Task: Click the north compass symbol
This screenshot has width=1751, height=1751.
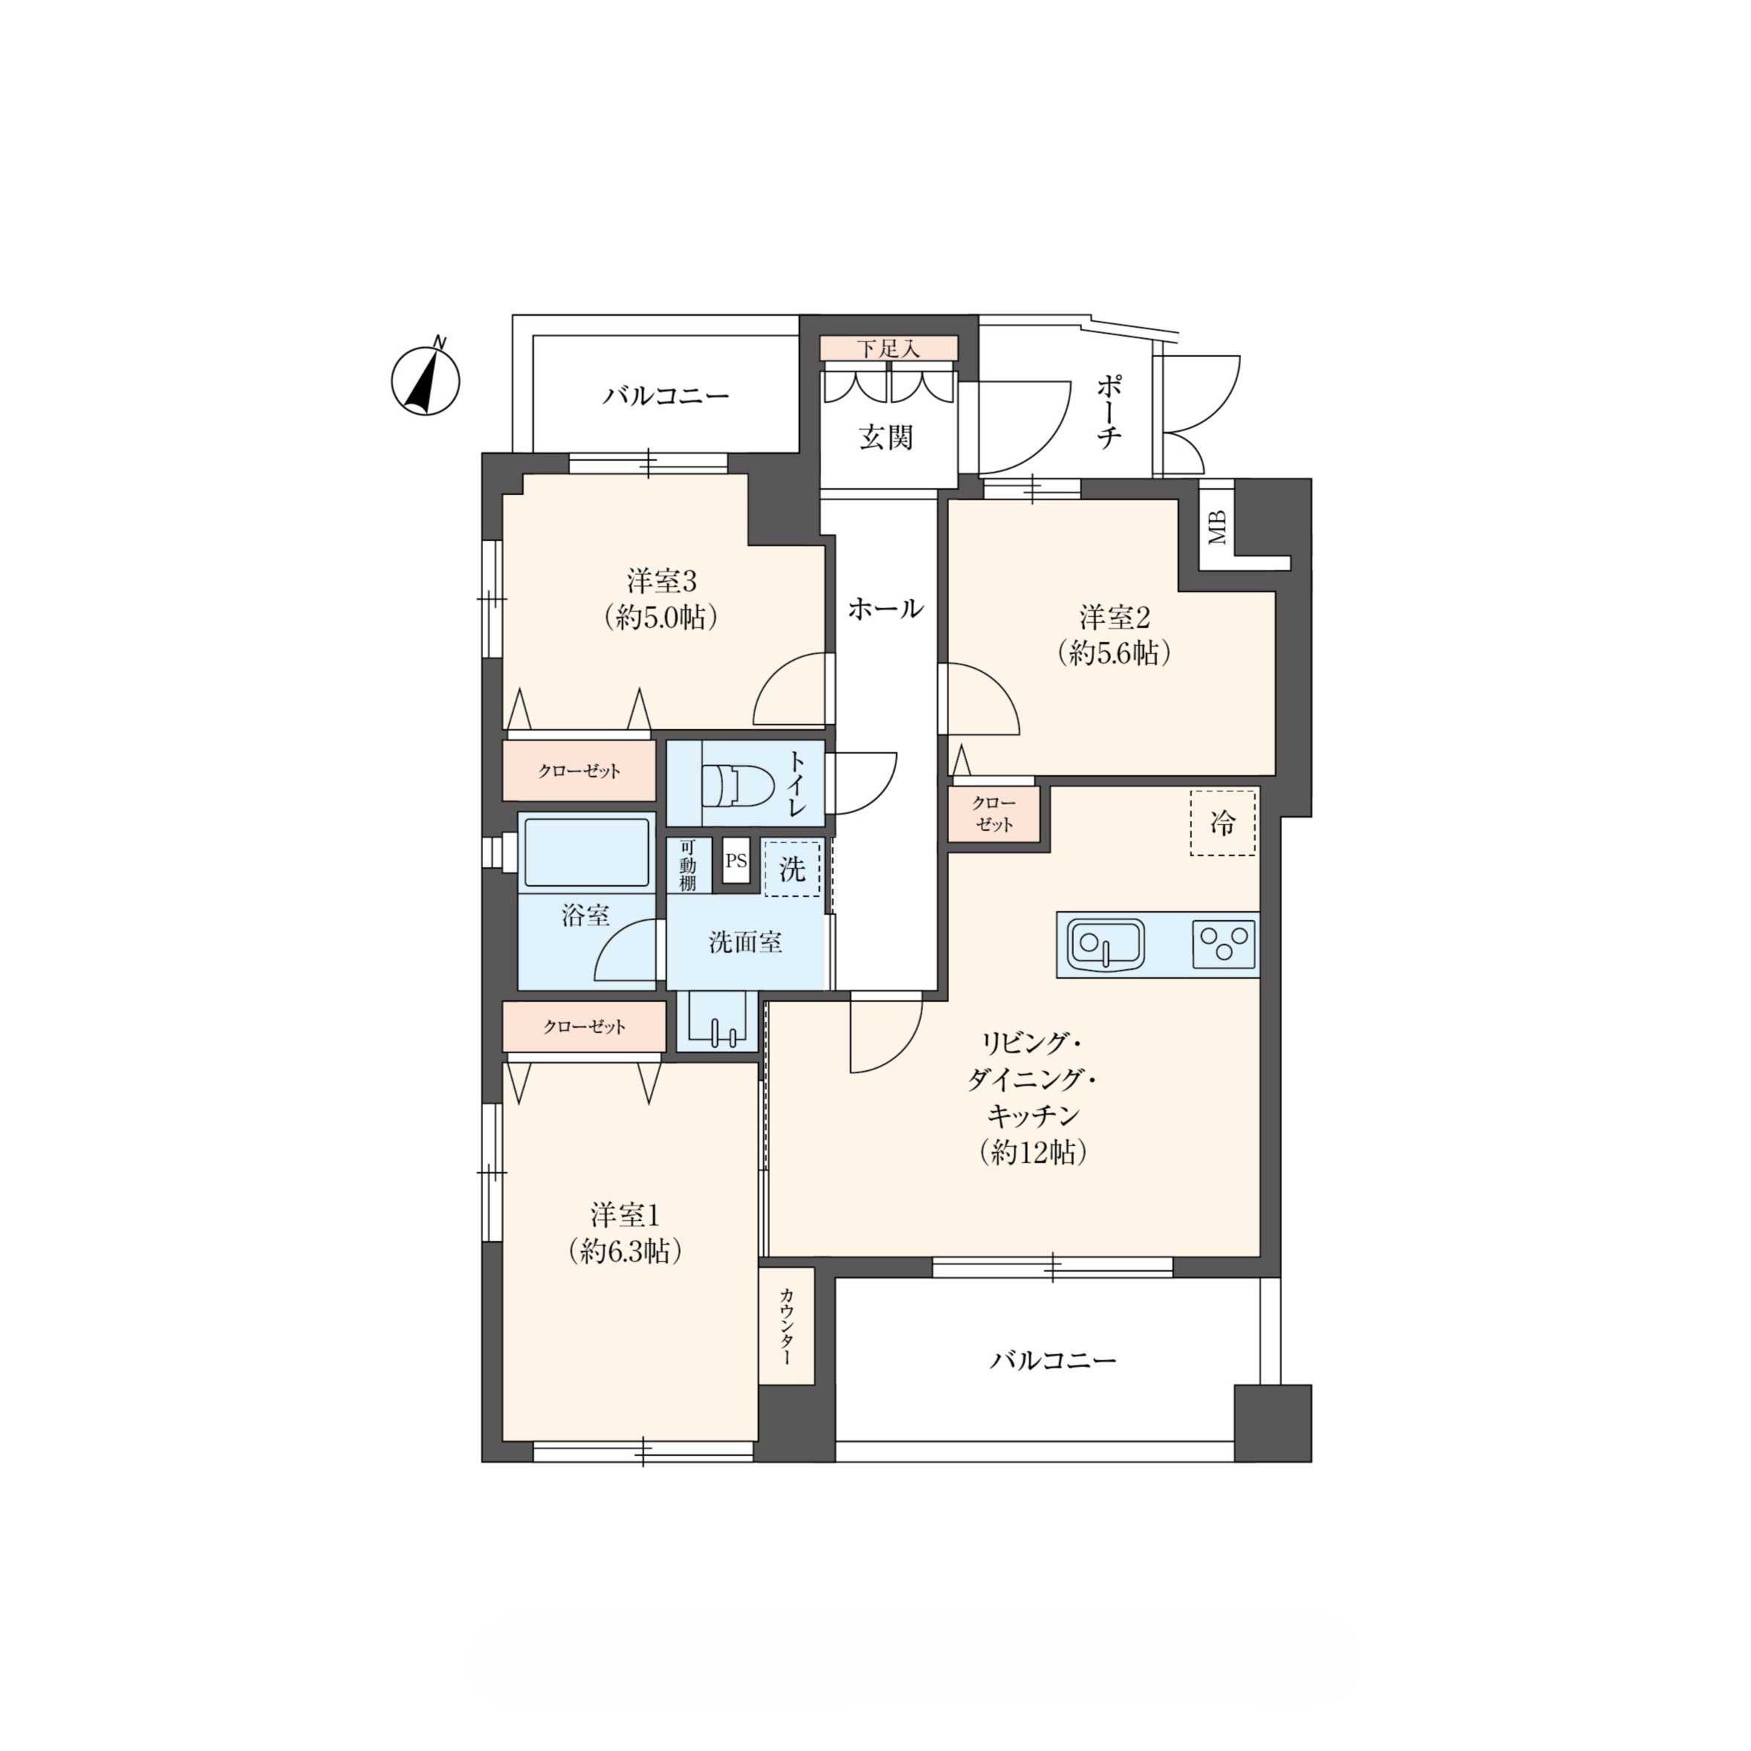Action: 425,379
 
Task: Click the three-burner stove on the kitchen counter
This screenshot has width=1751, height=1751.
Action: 1223,945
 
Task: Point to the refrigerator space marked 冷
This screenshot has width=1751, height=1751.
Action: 1223,823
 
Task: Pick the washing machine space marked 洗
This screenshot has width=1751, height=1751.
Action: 792,869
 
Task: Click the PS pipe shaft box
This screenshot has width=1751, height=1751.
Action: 736,861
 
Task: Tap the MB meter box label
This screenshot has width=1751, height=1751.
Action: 1217,528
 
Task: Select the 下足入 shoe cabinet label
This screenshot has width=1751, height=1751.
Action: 888,349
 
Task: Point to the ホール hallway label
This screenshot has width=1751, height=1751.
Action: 885,608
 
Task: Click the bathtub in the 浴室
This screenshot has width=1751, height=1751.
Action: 586,852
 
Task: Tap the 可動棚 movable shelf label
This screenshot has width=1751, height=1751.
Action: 688,866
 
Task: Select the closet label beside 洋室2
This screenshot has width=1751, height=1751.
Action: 994,815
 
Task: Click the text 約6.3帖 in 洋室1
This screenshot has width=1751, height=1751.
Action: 625,1252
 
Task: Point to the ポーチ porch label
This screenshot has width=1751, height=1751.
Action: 1110,413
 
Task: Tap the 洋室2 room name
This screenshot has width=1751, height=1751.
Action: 1115,618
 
